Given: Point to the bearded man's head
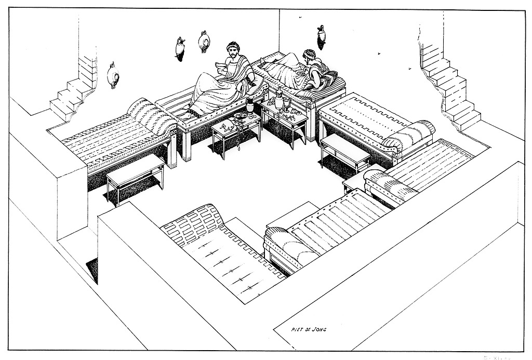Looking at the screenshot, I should click(232, 51).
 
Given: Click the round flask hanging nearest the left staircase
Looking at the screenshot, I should click(112, 75).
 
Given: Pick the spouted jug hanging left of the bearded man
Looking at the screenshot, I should click(180, 47).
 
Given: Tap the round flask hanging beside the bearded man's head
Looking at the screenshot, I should click(203, 42).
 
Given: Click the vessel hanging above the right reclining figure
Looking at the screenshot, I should click(322, 36).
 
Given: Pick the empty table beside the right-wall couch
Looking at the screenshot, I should click(344, 150).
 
